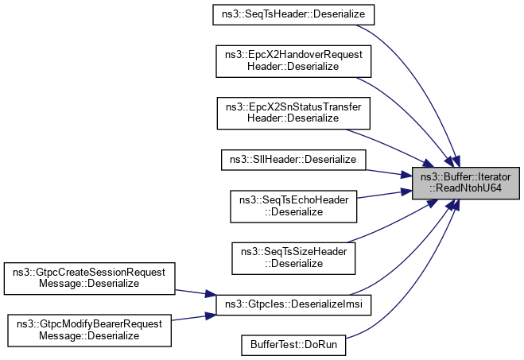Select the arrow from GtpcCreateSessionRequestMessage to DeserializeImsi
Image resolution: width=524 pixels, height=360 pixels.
[x=195, y=292]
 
